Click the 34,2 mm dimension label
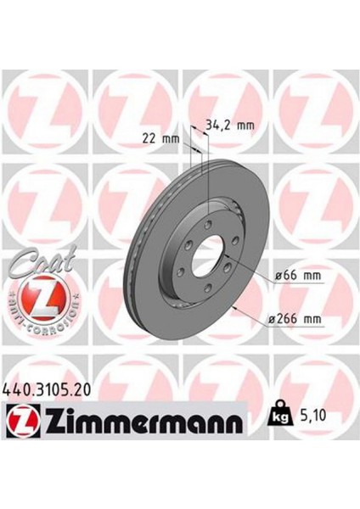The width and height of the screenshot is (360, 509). click(231, 125)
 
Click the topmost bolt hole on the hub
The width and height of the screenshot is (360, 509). click(209, 209)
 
